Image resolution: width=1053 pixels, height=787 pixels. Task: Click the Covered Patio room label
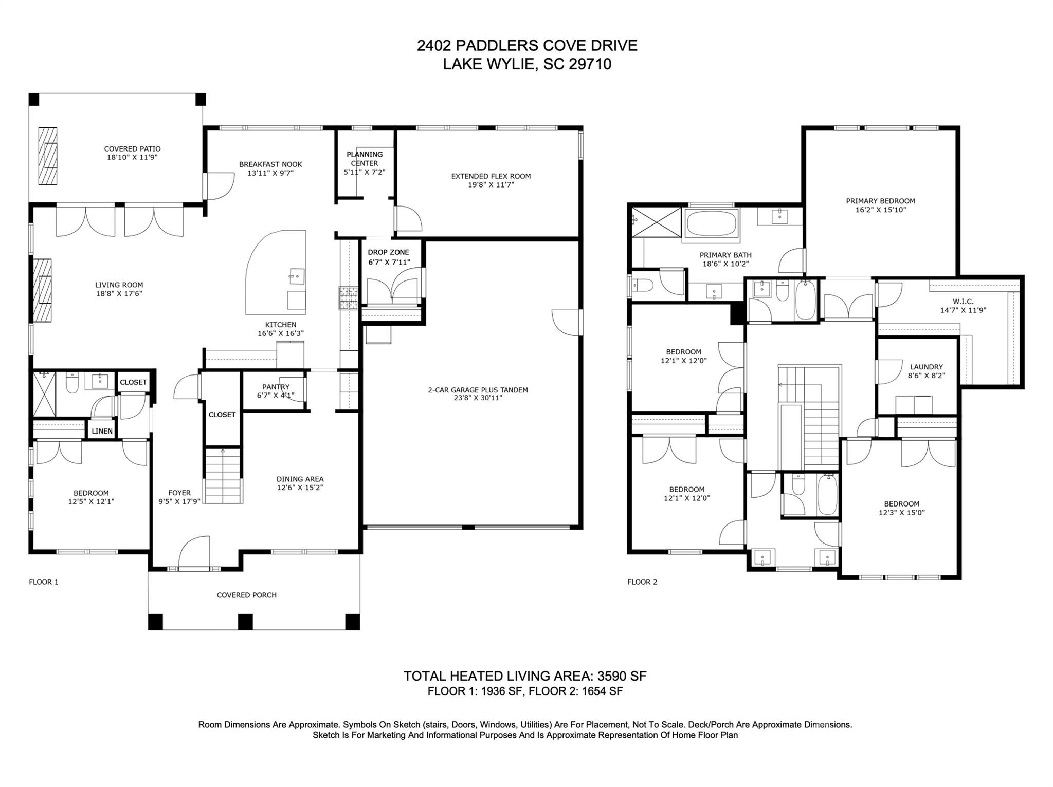tap(132, 149)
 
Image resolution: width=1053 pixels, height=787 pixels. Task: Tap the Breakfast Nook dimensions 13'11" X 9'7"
tap(270, 173)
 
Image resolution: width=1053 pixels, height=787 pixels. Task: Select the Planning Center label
tap(365, 158)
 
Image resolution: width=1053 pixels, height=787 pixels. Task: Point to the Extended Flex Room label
tap(491, 176)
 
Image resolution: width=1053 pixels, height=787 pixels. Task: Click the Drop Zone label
tap(388, 252)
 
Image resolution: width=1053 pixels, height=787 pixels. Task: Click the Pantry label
tap(276, 387)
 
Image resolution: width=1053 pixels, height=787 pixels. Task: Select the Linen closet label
tap(102, 431)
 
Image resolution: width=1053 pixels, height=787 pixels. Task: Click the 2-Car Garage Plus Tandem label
tap(478, 390)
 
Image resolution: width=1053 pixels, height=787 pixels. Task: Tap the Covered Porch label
tap(246, 595)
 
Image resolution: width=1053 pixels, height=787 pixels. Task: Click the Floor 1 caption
tap(44, 582)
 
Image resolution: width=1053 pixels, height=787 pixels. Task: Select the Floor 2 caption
tap(642, 582)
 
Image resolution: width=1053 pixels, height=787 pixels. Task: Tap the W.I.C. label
tap(963, 301)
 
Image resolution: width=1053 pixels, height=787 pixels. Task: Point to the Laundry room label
tap(926, 367)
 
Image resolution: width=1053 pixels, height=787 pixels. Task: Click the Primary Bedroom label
tap(880, 201)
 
